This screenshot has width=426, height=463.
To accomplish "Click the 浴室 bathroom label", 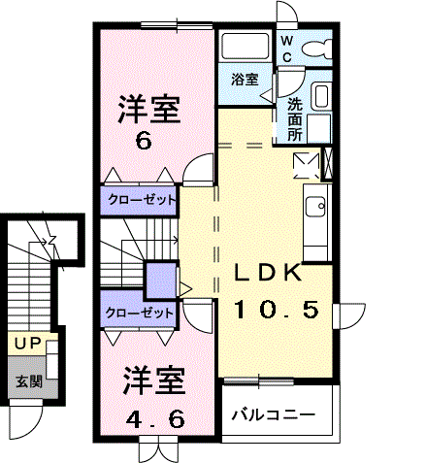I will pyautogui.click(x=245, y=81).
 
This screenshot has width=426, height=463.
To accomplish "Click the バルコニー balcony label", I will pyautogui.click(x=273, y=414).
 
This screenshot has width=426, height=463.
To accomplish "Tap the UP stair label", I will pyautogui.click(x=27, y=345).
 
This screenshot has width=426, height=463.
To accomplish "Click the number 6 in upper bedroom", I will pyautogui.click(x=144, y=142).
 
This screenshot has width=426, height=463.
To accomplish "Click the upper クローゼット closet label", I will pyautogui.click(x=141, y=200).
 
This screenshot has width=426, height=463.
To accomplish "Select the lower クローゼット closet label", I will pyautogui.click(x=140, y=313).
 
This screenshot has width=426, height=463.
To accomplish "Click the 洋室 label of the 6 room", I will pyautogui.click(x=149, y=110).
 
